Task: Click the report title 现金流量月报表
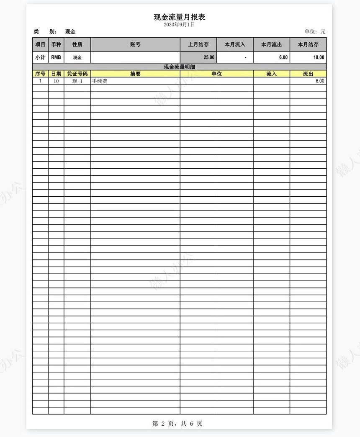179,17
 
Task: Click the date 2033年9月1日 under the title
179,25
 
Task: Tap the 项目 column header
40,44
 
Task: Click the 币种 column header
56,44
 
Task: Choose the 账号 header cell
135,44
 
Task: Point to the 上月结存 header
198,44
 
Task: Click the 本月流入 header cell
235,44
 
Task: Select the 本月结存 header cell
308,44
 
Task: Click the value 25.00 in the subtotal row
209,57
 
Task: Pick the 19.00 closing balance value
319,57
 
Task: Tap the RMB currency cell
56,57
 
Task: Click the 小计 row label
40,57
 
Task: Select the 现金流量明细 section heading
179,67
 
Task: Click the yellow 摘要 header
135,74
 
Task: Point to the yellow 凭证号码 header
77,74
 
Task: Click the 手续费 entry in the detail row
100,81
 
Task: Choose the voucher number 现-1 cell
77,81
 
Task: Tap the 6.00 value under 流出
320,81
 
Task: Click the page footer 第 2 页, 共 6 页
177,424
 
